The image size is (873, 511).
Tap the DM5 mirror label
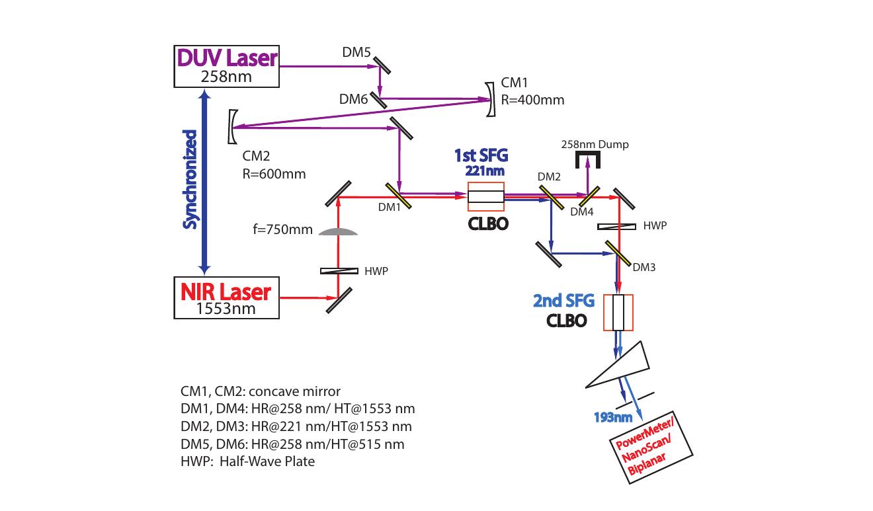pos(356,52)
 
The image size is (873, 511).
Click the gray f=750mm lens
pos(338,231)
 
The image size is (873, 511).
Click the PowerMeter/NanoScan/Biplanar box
pos(651,448)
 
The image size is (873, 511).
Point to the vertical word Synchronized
pos(190,180)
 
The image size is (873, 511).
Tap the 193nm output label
pos(612,417)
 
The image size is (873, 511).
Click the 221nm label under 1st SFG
pos(485,171)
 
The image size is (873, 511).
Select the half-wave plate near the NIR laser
pos(339,270)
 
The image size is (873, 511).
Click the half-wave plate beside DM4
pos(616,226)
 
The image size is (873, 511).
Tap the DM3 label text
pos(644,267)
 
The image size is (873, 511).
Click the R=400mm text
pos(532,100)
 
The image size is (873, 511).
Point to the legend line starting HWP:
pos(247,461)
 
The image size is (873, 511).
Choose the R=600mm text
pos(274,174)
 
